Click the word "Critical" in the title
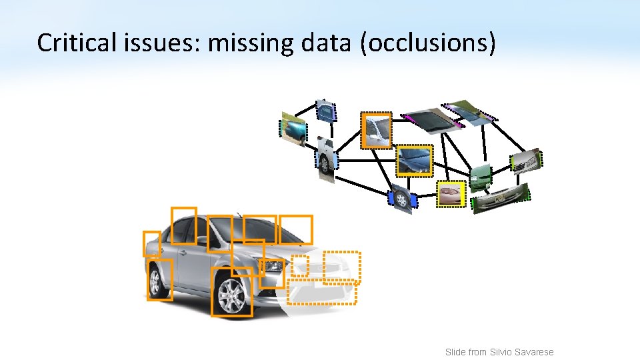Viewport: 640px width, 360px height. coord(69,43)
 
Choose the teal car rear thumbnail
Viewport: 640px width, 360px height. coord(293,128)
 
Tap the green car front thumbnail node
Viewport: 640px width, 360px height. coord(480,176)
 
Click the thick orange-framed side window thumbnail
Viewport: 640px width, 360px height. coord(376,130)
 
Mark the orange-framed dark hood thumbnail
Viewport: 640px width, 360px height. coord(414,161)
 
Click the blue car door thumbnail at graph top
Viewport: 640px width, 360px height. coord(326,111)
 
